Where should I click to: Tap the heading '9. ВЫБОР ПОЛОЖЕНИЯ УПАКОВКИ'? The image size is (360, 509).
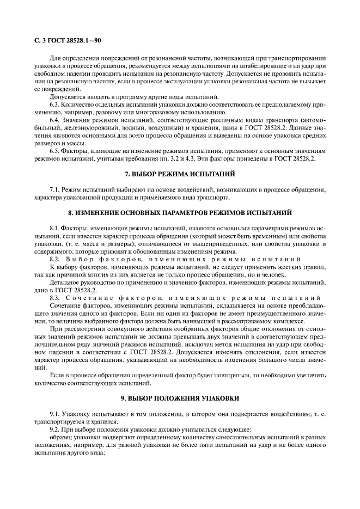point(180,398)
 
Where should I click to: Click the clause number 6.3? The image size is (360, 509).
point(55,103)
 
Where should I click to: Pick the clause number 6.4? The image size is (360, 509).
point(55,119)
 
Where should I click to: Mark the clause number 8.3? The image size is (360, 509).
point(55,298)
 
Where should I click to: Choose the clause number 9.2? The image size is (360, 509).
point(55,429)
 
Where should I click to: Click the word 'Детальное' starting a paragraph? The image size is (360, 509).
point(66,283)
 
